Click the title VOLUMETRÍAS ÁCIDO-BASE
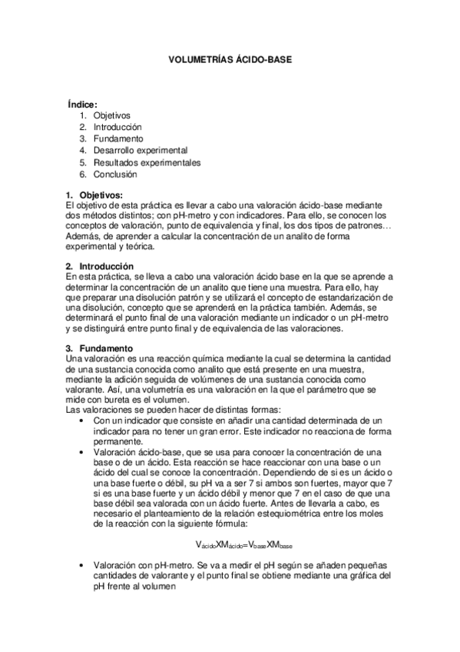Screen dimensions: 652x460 (230, 58)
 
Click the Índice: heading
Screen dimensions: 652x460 (82, 104)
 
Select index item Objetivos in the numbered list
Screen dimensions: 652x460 (112, 115)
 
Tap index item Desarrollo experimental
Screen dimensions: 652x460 (141, 151)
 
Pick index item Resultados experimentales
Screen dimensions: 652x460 (147, 162)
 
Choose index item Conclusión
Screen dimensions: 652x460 (116, 175)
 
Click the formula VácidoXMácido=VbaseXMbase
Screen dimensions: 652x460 (244, 544)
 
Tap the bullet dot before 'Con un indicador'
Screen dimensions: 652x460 (82, 422)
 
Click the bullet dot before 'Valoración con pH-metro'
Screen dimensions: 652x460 (82, 565)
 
